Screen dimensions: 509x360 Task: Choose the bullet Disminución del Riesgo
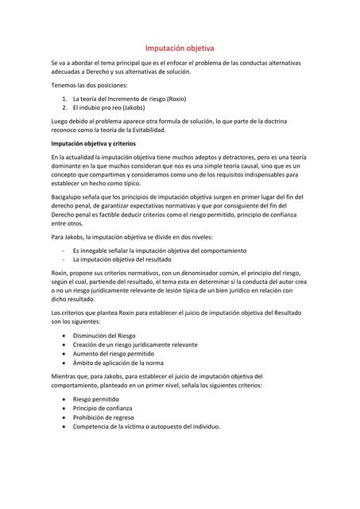click(104, 335)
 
